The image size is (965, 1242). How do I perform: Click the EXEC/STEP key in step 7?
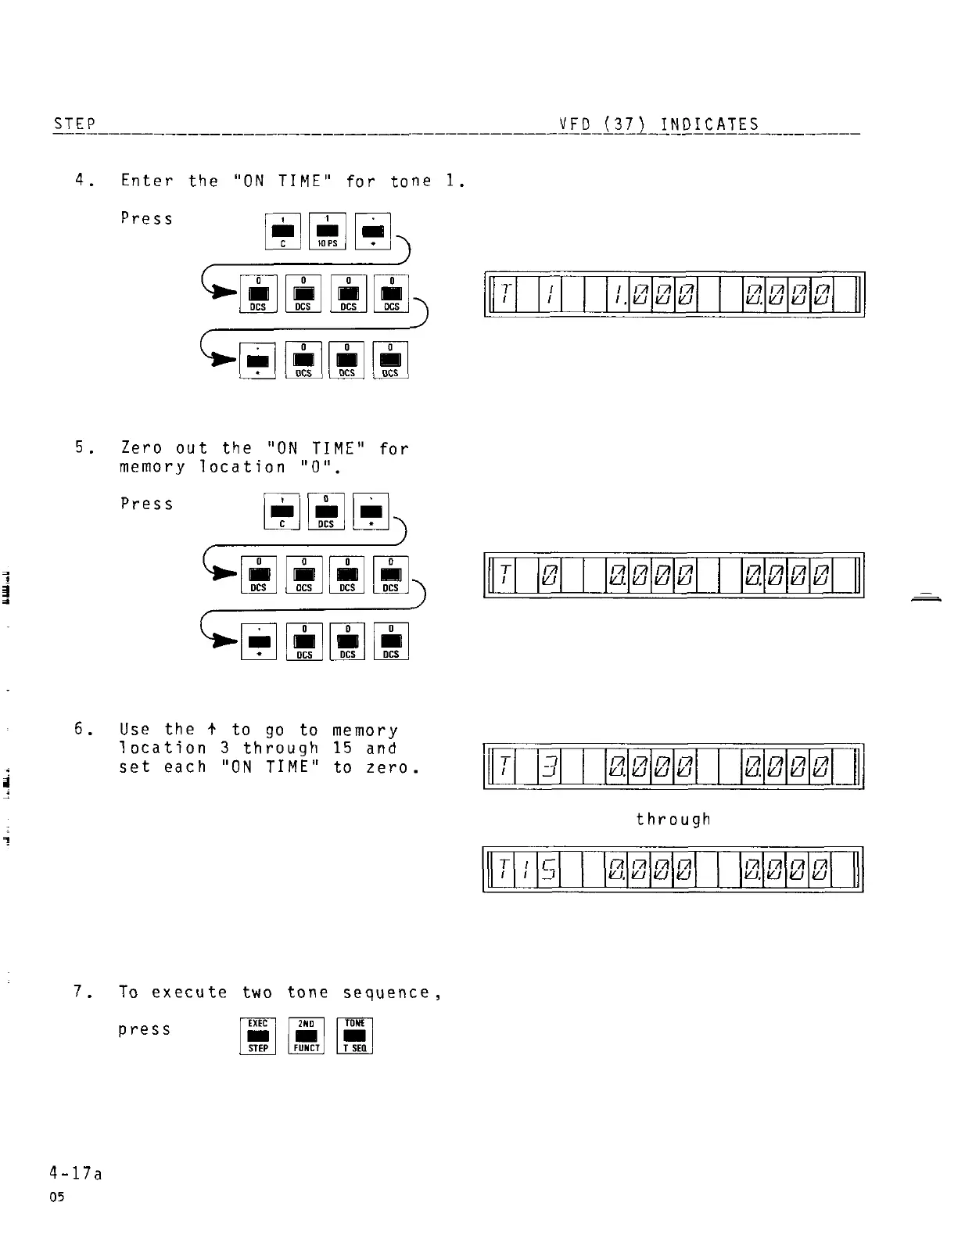[x=257, y=1036]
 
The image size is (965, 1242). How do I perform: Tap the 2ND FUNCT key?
[x=307, y=1036]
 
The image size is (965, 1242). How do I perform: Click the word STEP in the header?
[x=74, y=124]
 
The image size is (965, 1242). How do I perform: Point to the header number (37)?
[x=625, y=124]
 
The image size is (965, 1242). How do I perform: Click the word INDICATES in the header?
[x=709, y=124]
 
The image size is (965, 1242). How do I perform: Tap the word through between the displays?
[x=673, y=819]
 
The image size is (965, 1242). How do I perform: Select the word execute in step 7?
[x=189, y=993]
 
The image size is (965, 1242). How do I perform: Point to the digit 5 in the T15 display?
[x=549, y=869]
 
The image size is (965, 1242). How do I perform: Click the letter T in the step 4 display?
[x=505, y=294]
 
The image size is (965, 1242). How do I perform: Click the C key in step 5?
[x=282, y=512]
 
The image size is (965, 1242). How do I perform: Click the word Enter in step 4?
[x=147, y=181]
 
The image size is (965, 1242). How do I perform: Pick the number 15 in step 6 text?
[x=343, y=748]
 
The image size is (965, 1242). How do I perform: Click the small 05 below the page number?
[x=57, y=1197]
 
